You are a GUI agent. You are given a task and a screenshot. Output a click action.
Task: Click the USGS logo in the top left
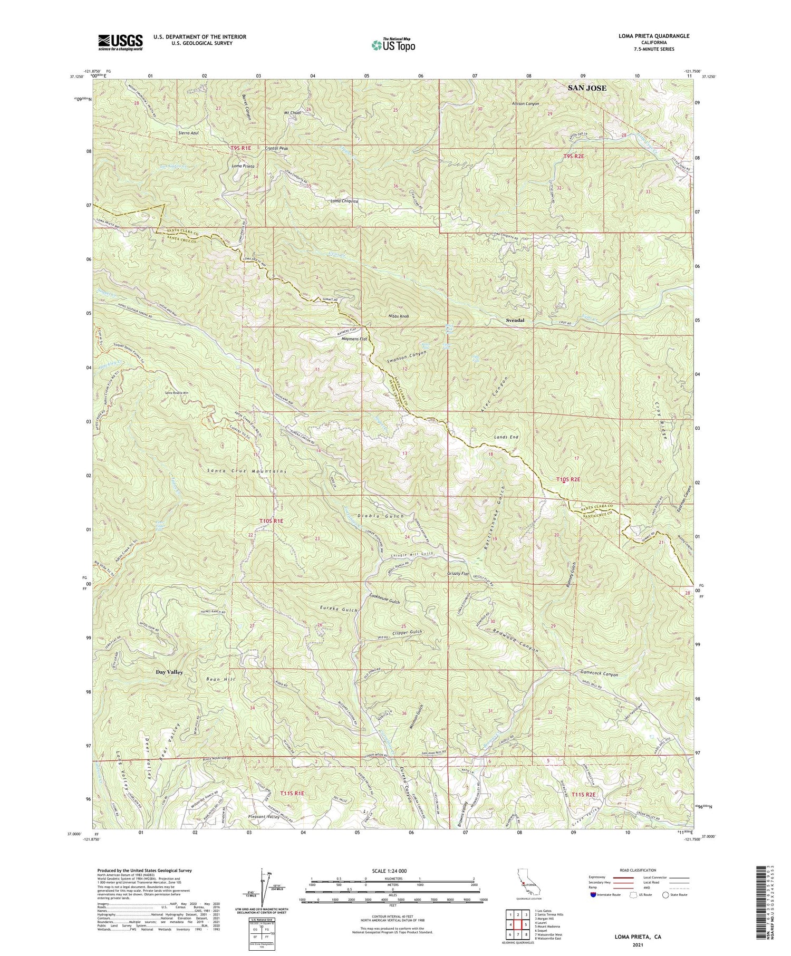coord(120,42)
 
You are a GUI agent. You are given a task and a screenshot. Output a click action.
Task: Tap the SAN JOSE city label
coord(586,88)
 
